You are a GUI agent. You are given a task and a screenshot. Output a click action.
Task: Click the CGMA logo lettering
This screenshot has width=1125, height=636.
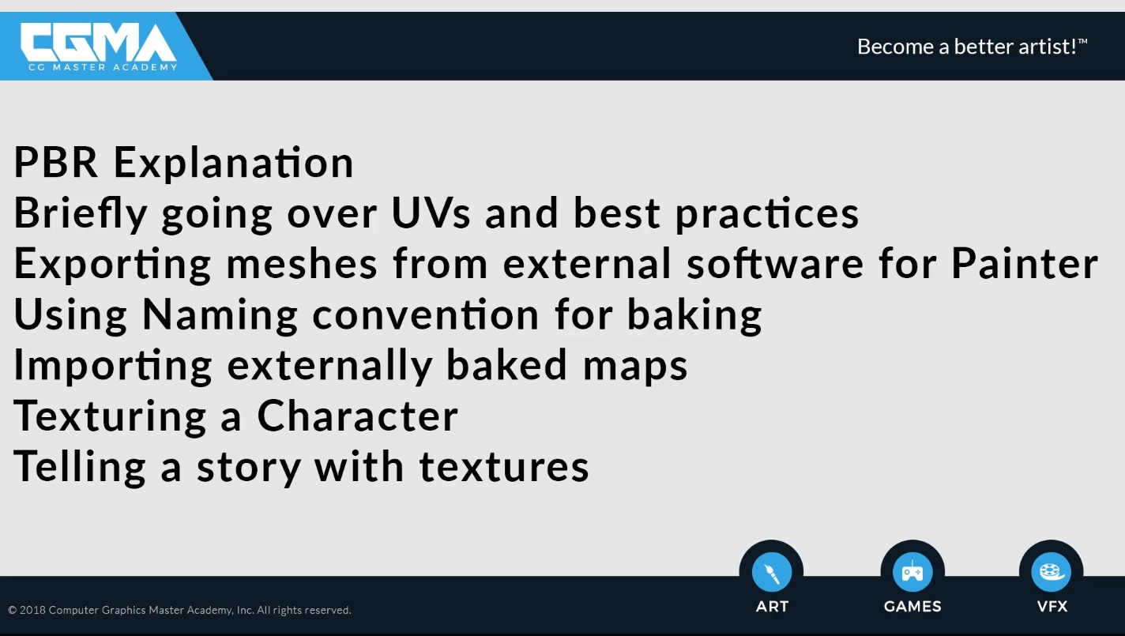tap(99, 43)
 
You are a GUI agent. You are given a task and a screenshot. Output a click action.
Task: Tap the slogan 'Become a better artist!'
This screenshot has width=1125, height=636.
tap(972, 47)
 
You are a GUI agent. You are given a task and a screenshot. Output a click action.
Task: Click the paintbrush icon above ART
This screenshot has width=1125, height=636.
tap(772, 572)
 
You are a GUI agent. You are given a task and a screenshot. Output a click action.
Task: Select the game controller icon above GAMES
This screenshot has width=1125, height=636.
tap(912, 572)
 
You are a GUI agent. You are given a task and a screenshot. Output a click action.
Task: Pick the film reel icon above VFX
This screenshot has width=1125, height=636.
tap(1052, 572)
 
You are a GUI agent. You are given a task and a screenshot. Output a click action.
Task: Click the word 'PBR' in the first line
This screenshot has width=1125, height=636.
tap(56, 162)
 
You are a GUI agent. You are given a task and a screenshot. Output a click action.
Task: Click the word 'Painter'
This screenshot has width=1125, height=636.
tap(1025, 263)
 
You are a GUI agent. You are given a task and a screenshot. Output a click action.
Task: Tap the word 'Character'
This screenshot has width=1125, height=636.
tap(358, 416)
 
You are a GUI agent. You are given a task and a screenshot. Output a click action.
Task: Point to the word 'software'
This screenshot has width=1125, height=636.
tap(775, 263)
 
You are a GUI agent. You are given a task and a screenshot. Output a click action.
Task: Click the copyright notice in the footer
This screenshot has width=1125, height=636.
tap(179, 610)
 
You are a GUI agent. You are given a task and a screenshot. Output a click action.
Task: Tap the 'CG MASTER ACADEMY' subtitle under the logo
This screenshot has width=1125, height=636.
tap(103, 67)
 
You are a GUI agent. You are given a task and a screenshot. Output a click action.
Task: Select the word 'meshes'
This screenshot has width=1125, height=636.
tap(301, 263)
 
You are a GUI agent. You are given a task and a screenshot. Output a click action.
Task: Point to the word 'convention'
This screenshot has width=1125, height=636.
tap(426, 314)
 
